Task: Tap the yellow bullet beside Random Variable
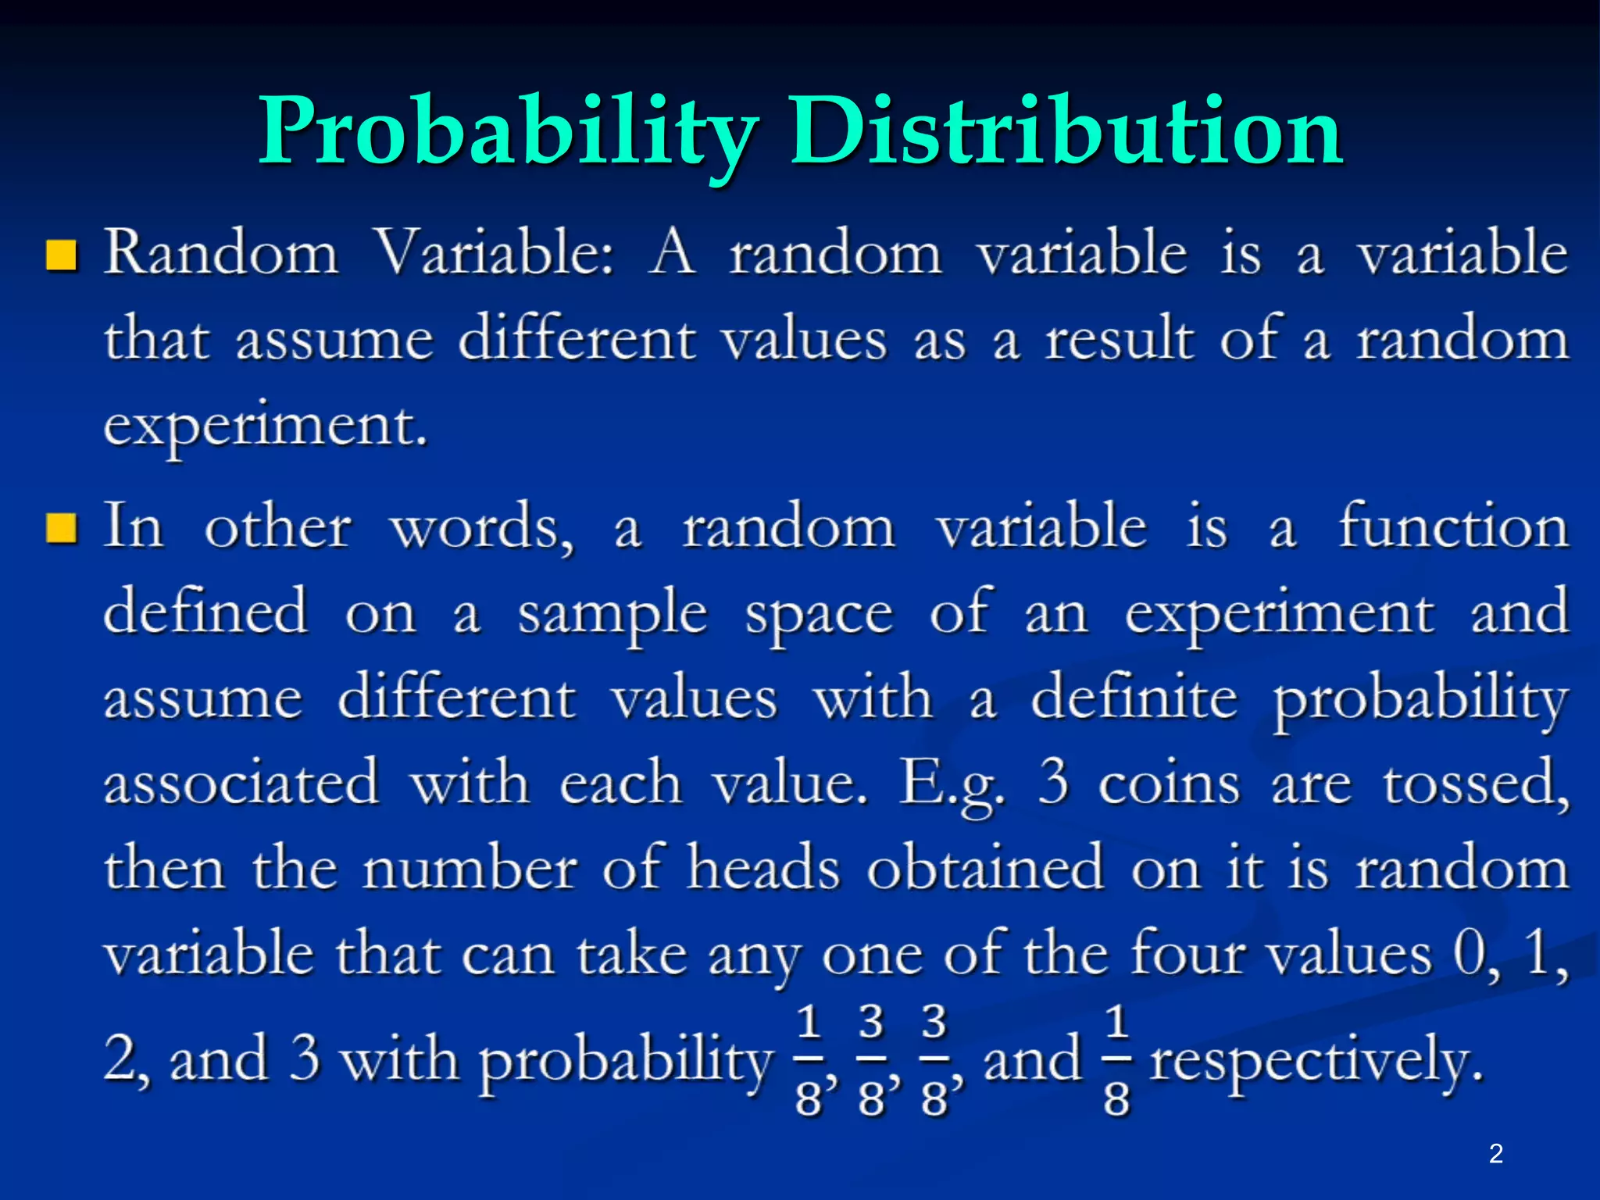[61, 255]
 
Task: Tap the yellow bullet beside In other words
[61, 527]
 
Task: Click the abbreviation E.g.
[952, 784]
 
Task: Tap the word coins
[1169, 784]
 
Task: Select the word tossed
[1476, 784]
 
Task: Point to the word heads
[763, 868]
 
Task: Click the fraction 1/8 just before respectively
[1116, 1060]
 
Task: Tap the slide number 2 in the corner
[1496, 1153]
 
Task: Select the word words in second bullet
[481, 529]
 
